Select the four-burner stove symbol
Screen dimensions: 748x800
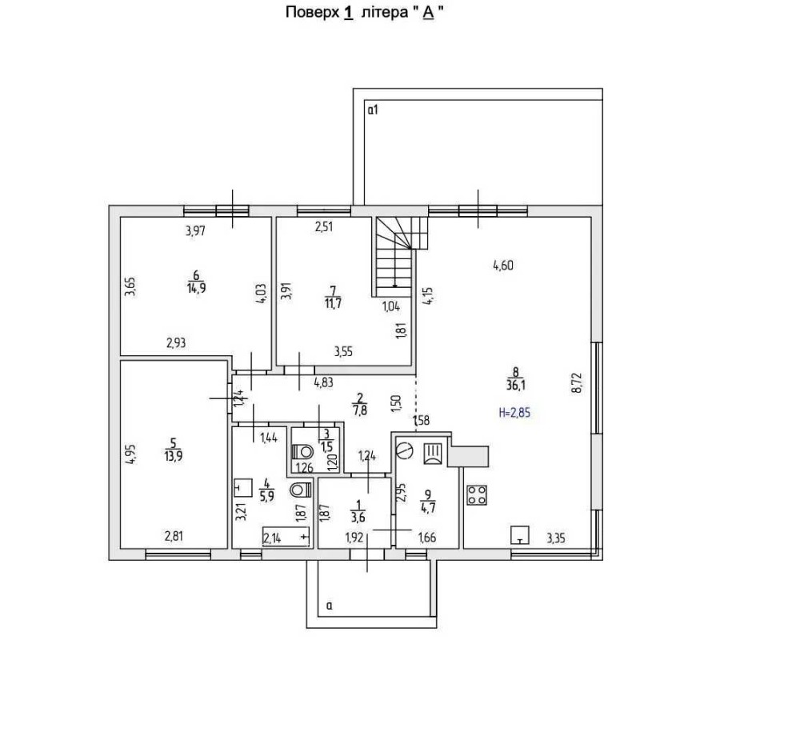click(478, 495)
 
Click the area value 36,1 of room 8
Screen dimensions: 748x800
click(516, 384)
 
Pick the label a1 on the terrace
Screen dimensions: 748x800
click(372, 110)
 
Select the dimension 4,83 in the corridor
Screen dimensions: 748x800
click(324, 382)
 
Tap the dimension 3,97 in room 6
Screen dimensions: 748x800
click(196, 232)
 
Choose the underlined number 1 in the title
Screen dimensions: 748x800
click(348, 14)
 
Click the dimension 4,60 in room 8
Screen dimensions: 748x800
click(502, 266)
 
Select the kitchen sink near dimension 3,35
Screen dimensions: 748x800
click(520, 534)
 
